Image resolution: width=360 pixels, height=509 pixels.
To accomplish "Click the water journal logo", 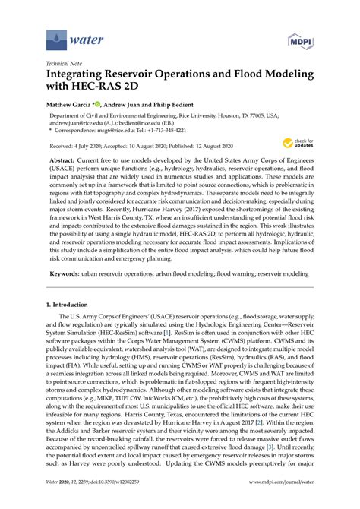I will coord(66,35).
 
